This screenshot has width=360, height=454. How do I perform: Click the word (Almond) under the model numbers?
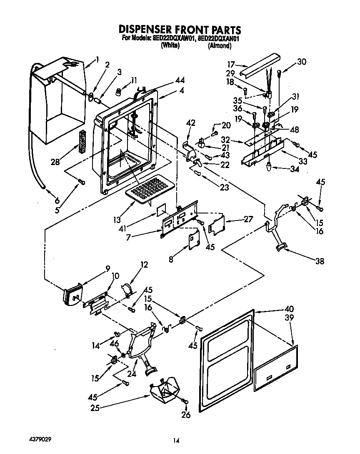click(x=219, y=46)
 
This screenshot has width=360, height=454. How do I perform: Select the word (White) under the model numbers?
click(x=170, y=46)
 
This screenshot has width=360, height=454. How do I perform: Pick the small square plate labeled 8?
click(x=194, y=241)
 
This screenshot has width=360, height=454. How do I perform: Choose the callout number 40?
click(x=288, y=309)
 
